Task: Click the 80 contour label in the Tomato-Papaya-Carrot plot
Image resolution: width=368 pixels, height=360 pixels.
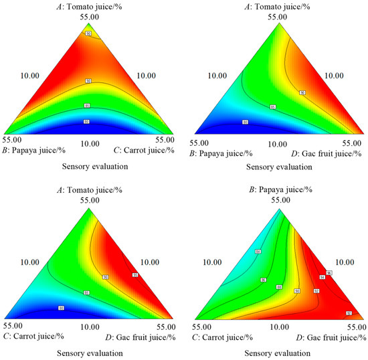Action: pyautogui.click(x=86, y=122)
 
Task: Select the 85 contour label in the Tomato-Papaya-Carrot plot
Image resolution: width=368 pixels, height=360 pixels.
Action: pyautogui.click(x=86, y=106)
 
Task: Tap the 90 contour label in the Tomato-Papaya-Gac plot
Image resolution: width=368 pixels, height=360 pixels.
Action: pyautogui.click(x=302, y=92)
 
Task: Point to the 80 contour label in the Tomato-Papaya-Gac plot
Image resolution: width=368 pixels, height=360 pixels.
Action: pyautogui.click(x=245, y=122)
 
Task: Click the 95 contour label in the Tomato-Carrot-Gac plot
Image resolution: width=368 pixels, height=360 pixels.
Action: pyautogui.click(x=135, y=274)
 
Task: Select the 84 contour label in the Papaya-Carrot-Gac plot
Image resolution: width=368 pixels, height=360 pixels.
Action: pyautogui.click(x=258, y=252)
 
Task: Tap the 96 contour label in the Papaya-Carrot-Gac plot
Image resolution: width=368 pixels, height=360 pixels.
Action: pyautogui.click(x=329, y=273)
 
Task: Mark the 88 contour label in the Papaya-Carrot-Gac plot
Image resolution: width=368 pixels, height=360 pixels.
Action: pyautogui.click(x=278, y=288)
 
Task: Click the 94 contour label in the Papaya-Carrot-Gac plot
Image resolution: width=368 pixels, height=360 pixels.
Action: pyautogui.click(x=322, y=277)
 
